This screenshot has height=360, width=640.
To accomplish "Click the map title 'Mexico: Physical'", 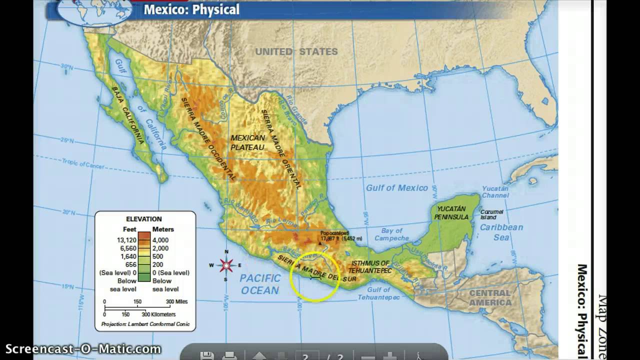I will (x=191, y=9).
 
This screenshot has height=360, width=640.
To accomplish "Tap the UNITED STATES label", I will (x=296, y=51).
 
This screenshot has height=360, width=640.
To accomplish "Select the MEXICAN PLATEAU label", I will (x=247, y=142).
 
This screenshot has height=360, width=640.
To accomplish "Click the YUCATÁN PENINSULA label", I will (x=452, y=212).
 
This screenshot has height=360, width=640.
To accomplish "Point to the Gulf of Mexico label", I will (x=396, y=188).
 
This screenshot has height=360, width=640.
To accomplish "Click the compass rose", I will (x=226, y=265).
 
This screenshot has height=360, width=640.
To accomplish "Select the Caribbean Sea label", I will (x=501, y=232).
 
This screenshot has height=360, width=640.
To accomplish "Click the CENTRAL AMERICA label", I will (x=490, y=297).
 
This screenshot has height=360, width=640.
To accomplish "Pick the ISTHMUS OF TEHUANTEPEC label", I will (x=369, y=266).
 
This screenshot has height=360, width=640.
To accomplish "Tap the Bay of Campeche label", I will (x=391, y=234).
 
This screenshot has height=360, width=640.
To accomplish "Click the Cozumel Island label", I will (x=492, y=214).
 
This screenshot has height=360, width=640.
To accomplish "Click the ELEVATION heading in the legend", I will (x=143, y=219).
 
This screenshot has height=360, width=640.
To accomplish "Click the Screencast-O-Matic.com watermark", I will (x=83, y=349).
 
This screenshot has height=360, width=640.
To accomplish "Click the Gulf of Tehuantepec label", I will (x=378, y=293).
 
